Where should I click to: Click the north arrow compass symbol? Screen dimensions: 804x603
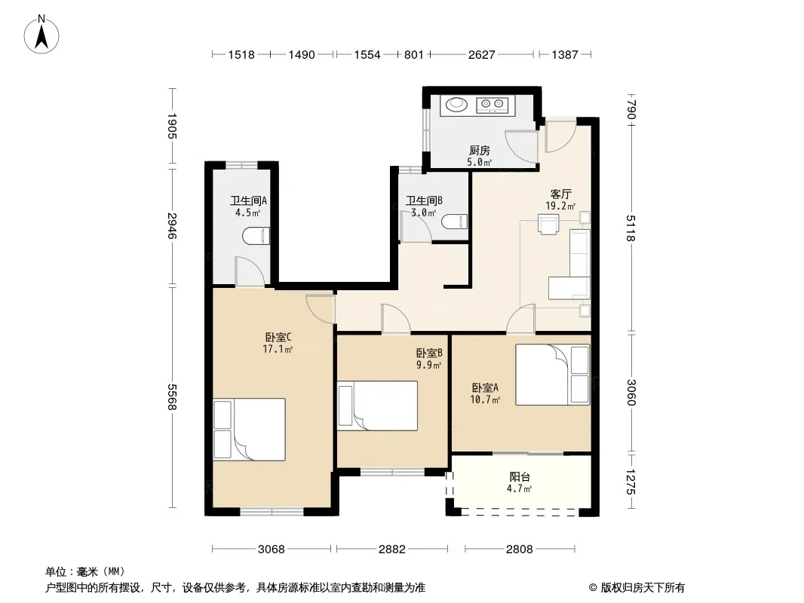41,35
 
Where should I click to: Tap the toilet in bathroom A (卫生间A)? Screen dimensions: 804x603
256,236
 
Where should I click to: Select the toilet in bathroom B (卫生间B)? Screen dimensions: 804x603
454,222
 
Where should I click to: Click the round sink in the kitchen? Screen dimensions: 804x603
456,105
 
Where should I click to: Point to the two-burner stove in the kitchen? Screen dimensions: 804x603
493,105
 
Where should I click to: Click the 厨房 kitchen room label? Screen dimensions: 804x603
480,150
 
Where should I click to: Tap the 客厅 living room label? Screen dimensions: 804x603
560,194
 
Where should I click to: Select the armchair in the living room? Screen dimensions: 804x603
548,225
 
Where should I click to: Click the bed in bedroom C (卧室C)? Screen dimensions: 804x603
249,430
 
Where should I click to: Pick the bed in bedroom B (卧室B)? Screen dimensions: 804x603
377,406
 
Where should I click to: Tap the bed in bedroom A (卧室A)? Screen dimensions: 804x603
553,375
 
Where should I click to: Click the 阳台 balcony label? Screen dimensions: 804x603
520,477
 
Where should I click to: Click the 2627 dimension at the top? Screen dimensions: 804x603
481,54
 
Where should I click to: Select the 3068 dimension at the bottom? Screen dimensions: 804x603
272,549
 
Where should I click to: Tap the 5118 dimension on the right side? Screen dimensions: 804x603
631,228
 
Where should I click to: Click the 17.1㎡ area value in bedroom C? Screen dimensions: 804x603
278,350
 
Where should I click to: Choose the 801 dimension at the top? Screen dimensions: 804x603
414,54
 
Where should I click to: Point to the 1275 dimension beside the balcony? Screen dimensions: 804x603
631,482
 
